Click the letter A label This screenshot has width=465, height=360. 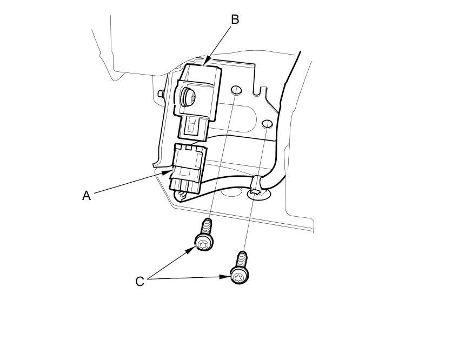(87, 196)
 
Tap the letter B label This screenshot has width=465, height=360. (235, 19)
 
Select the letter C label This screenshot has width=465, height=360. (139, 282)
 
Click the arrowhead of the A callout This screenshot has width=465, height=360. (170, 173)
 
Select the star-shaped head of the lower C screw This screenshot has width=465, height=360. (239, 277)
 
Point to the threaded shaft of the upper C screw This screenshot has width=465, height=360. (207, 225)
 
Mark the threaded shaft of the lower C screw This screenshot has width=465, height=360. (242, 259)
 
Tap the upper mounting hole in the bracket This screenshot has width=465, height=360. (236, 90)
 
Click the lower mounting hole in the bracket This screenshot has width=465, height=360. (267, 125)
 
